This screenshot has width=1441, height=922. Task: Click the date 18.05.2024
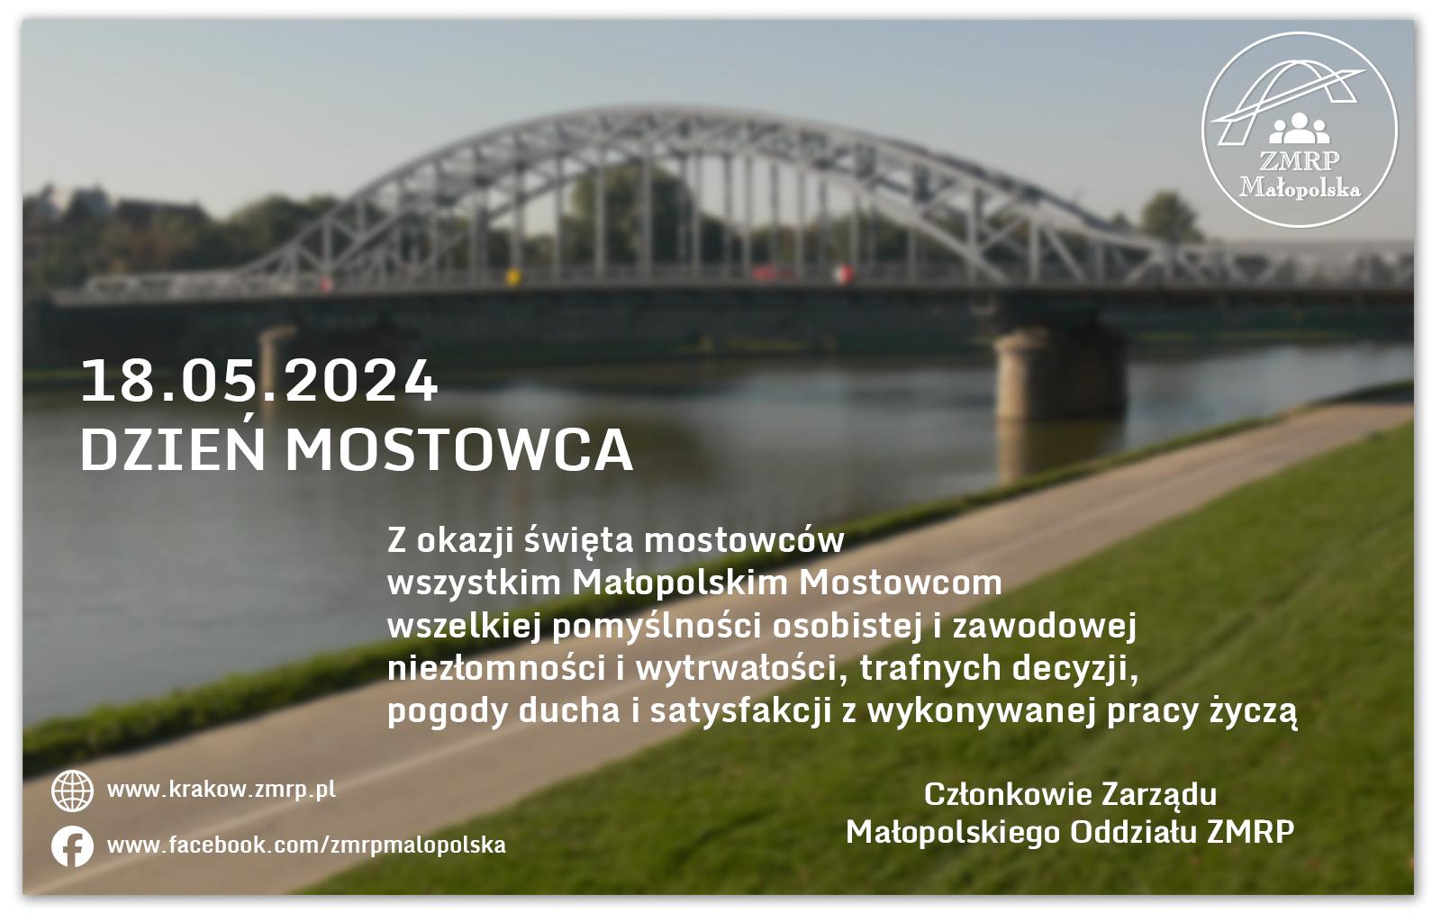259,381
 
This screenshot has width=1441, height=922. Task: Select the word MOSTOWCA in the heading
458,451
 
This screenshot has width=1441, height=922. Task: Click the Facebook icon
72,846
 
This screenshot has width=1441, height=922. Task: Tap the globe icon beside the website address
72,791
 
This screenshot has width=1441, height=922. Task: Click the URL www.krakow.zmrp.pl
222,790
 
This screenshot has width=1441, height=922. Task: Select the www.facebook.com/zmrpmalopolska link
306,845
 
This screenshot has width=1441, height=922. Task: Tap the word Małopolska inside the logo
1300,188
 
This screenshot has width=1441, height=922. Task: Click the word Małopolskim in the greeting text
680,583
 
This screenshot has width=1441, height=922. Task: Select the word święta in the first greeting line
580,541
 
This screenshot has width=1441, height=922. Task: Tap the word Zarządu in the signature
1159,796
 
